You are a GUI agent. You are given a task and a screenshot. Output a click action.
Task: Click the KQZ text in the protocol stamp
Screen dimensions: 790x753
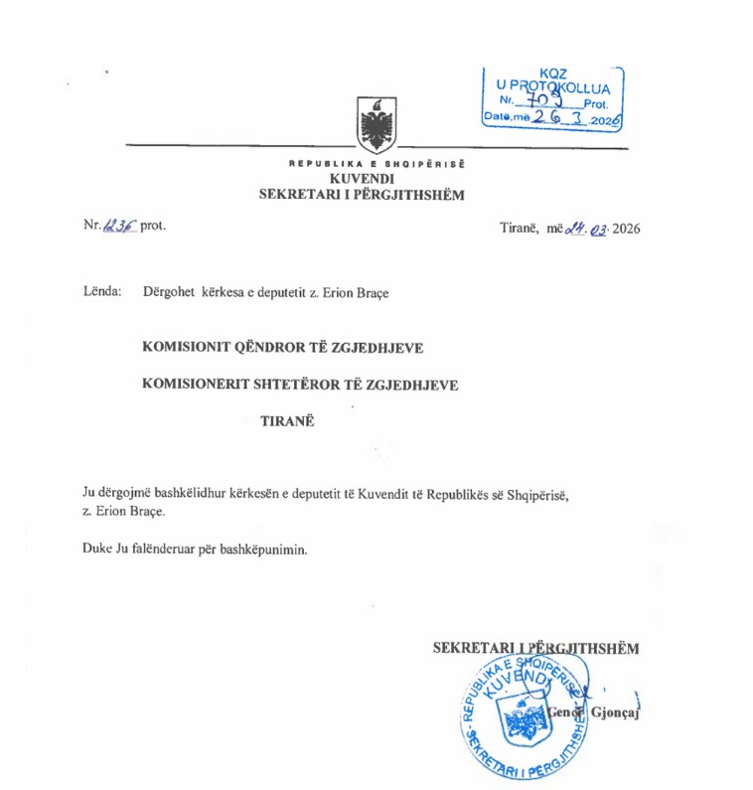click(554, 74)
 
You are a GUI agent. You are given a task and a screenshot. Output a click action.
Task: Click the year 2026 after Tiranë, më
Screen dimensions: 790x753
click(625, 229)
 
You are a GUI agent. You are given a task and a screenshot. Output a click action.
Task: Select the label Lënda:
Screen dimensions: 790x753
click(103, 292)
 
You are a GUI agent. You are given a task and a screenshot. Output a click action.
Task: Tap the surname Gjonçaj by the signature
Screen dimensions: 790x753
click(608, 713)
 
